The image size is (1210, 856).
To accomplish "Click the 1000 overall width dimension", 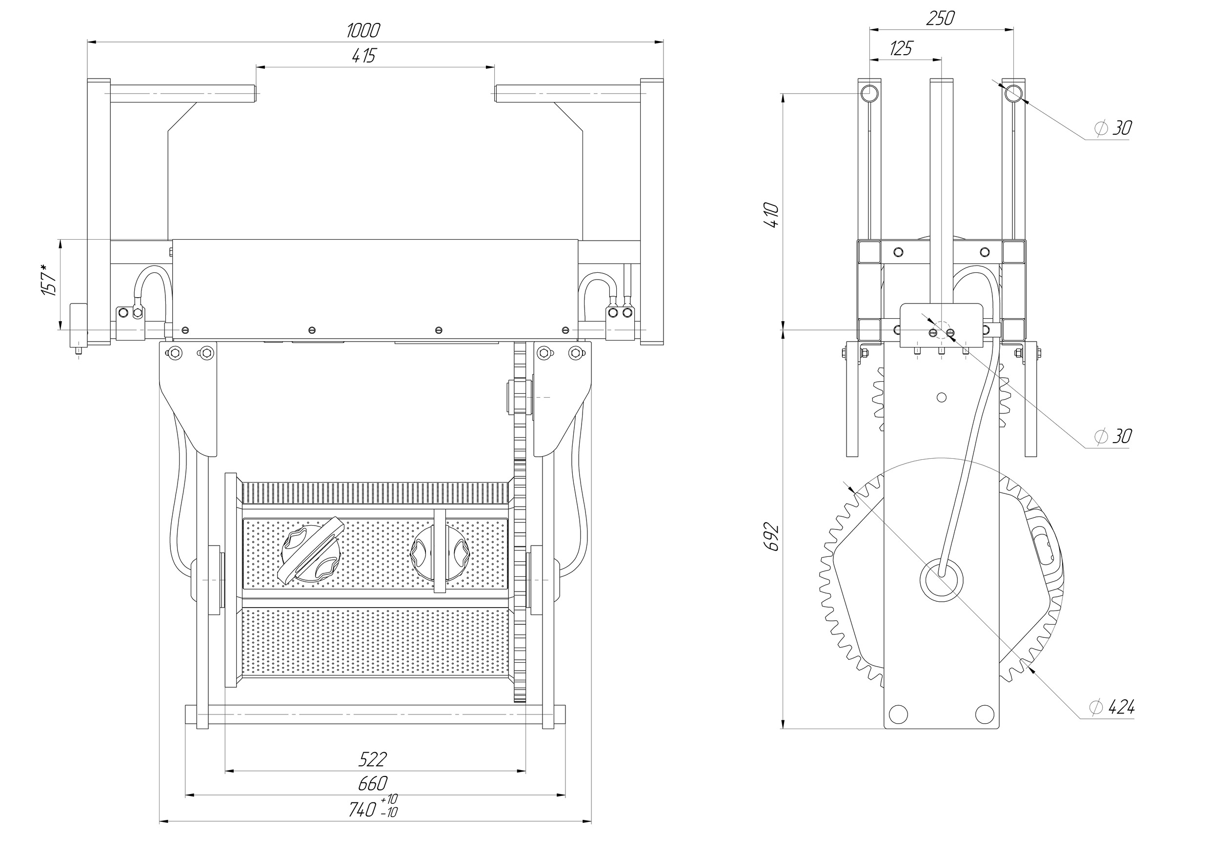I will (x=363, y=31).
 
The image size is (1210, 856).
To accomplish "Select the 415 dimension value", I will (x=363, y=55).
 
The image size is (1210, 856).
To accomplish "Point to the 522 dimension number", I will (x=373, y=759).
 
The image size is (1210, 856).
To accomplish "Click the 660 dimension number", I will (x=373, y=784).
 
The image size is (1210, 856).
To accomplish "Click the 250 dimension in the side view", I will (x=940, y=19).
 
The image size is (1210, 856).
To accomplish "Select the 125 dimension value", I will (x=901, y=49).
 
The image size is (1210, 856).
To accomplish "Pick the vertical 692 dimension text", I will (x=770, y=536).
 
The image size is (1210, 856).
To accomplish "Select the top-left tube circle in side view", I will (x=869, y=94).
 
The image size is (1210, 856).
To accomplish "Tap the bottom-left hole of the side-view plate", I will (x=897, y=713).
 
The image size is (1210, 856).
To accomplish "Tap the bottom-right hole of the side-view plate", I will (x=985, y=713).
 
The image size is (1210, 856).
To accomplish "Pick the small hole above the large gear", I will (x=942, y=397).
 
